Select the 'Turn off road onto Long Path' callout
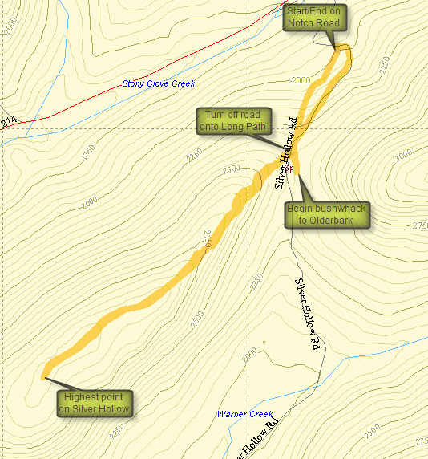click(234, 120)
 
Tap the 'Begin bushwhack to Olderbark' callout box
click(326, 215)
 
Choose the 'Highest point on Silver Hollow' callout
click(95, 404)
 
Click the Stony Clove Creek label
click(159, 83)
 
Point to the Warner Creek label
click(244, 415)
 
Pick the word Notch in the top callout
click(301, 23)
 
